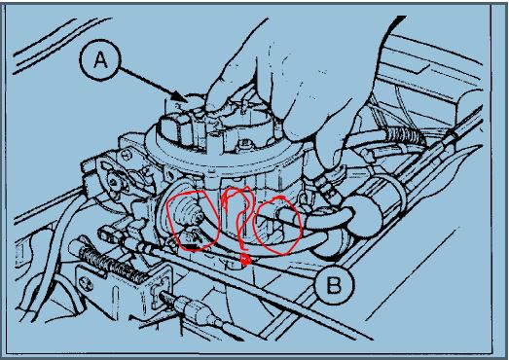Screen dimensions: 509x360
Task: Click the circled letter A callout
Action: [x=100, y=60]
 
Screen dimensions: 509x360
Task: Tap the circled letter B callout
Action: [x=334, y=286]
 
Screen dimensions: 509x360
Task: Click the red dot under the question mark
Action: [x=245, y=259]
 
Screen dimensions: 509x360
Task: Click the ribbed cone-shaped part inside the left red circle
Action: [x=186, y=214]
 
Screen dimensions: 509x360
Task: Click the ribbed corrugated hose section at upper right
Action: [x=404, y=133]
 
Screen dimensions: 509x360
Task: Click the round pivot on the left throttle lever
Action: [x=114, y=180]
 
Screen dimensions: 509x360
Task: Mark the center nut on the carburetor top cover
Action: [x=246, y=142]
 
